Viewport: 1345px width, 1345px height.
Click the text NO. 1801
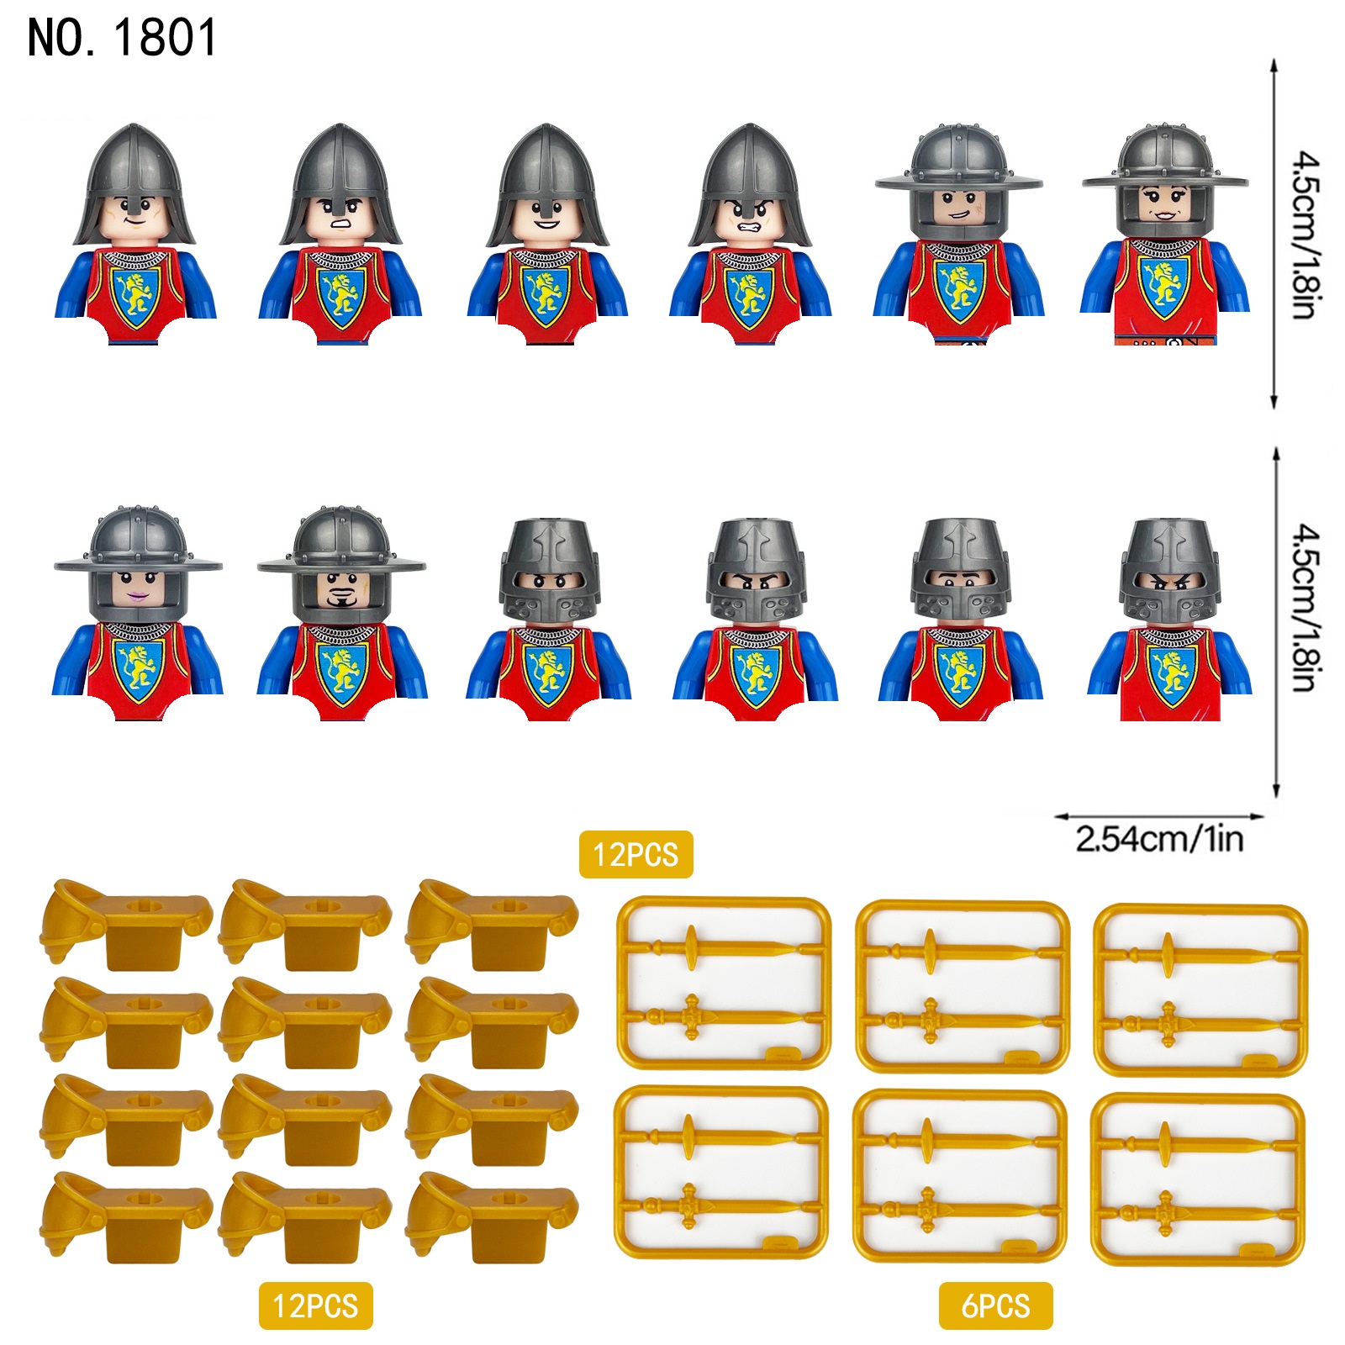[122, 38]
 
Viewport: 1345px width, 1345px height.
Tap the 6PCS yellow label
[995, 1305]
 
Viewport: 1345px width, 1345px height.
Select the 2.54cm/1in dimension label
[1159, 839]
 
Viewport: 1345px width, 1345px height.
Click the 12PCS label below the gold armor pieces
[315, 1305]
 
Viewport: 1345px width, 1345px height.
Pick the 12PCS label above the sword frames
[636, 854]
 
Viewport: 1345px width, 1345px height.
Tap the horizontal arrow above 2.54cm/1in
[1159, 815]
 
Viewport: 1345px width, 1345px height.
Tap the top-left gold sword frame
[723, 982]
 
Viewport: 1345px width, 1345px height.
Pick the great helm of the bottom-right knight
[1169, 572]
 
